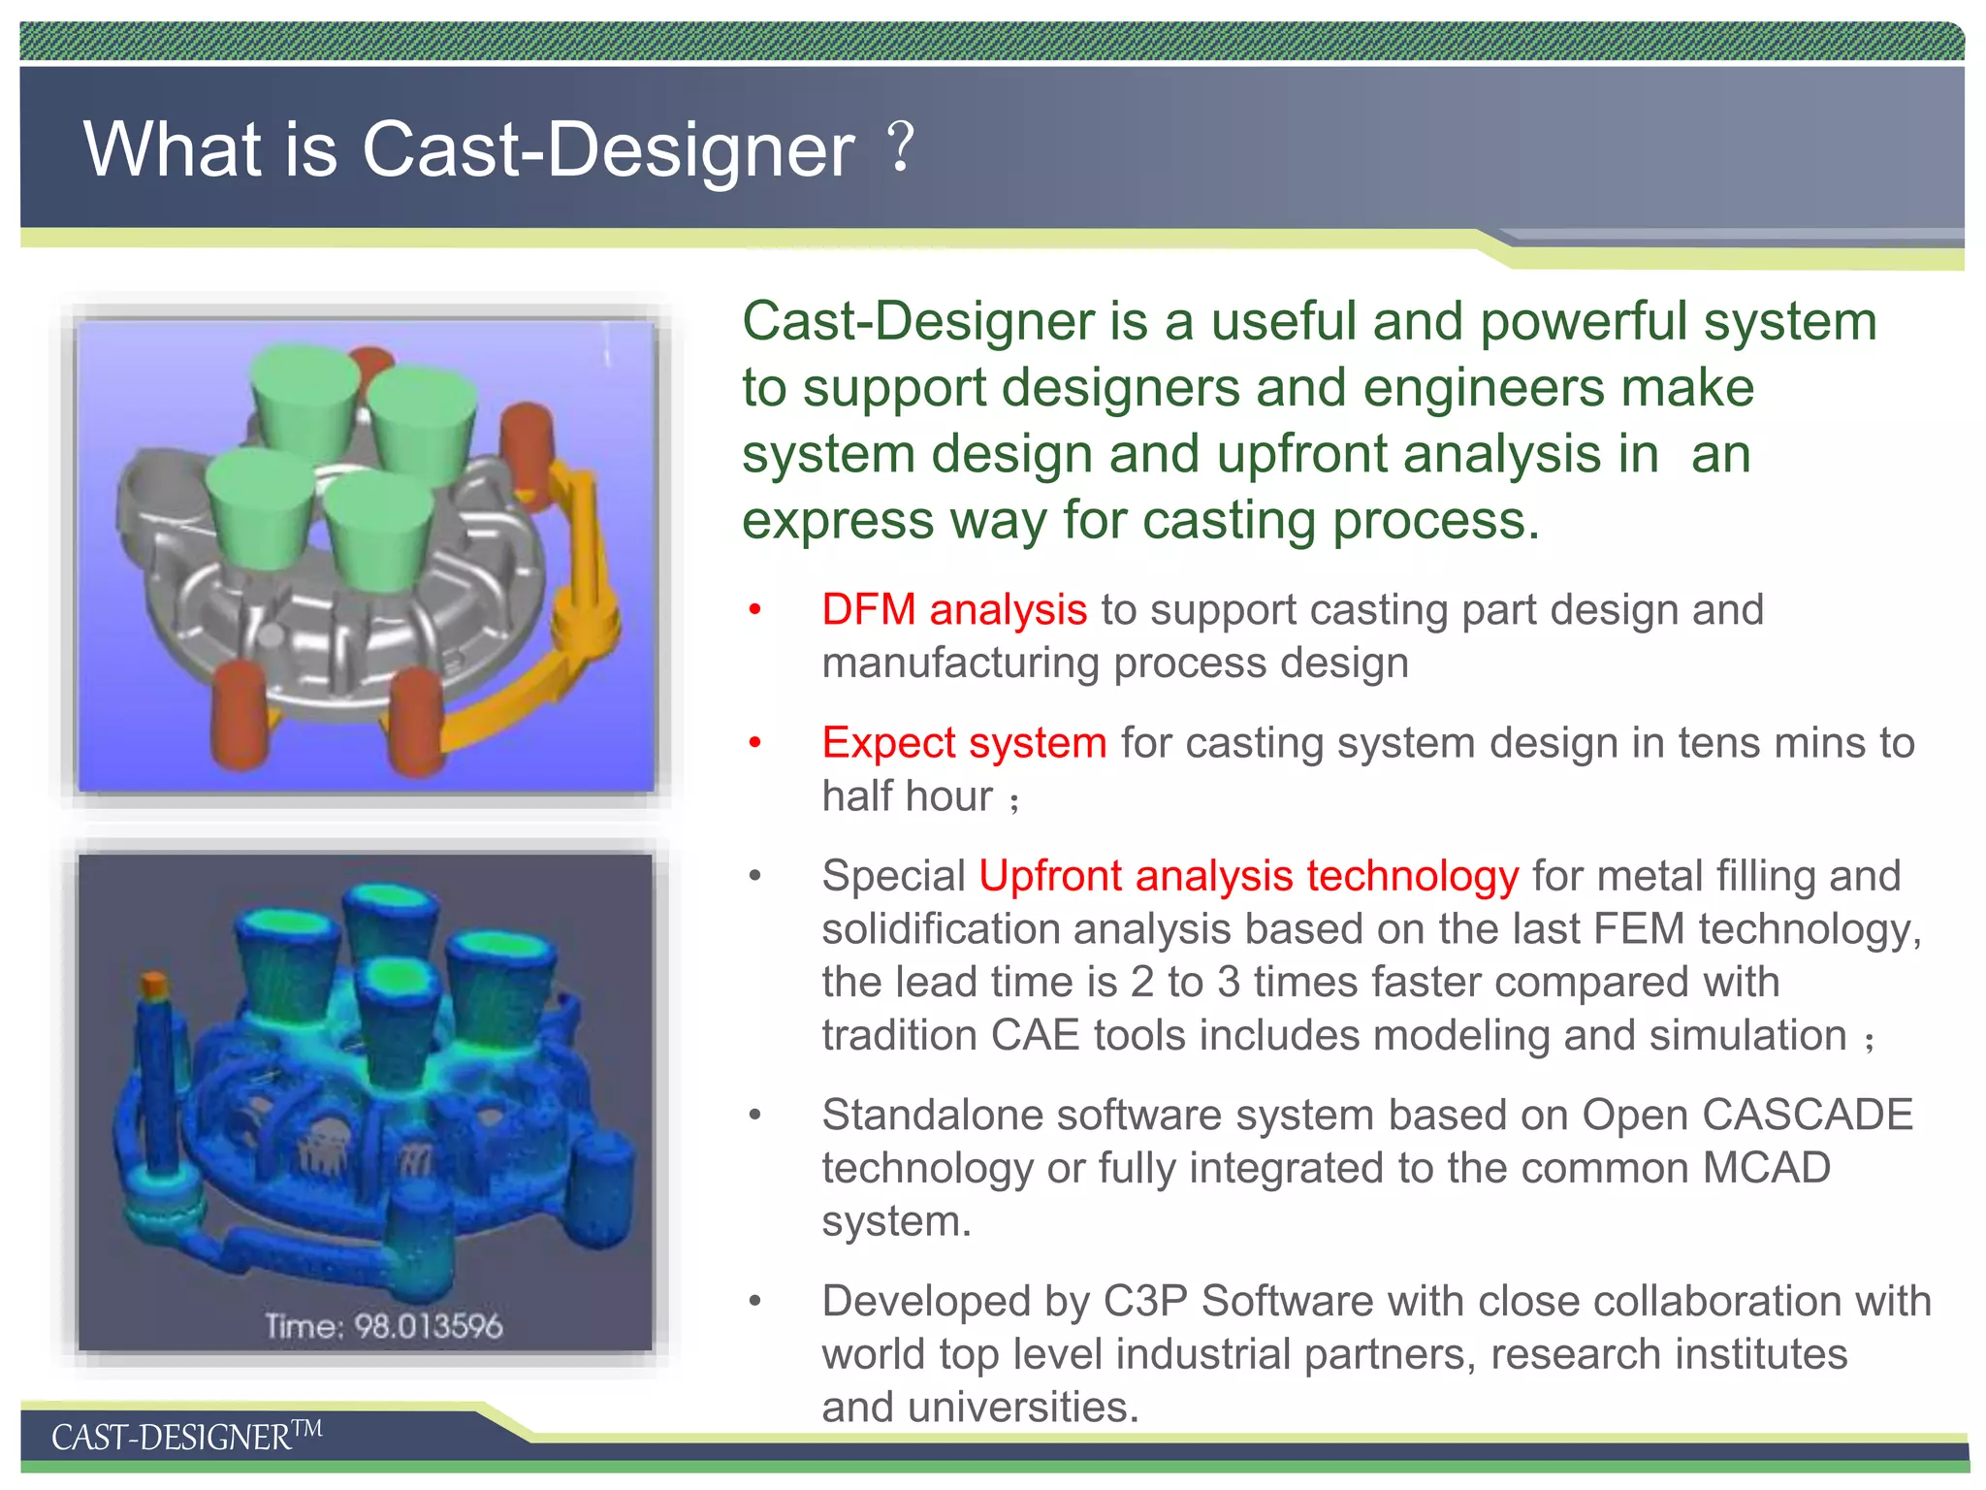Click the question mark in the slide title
(901, 147)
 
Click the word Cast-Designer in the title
(608, 150)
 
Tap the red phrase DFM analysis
(954, 610)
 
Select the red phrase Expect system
(964, 743)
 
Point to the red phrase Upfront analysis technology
(1248, 876)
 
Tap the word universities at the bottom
(1022, 1408)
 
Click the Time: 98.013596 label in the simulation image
(384, 1326)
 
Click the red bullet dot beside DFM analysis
(755, 610)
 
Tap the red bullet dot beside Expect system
(755, 743)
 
